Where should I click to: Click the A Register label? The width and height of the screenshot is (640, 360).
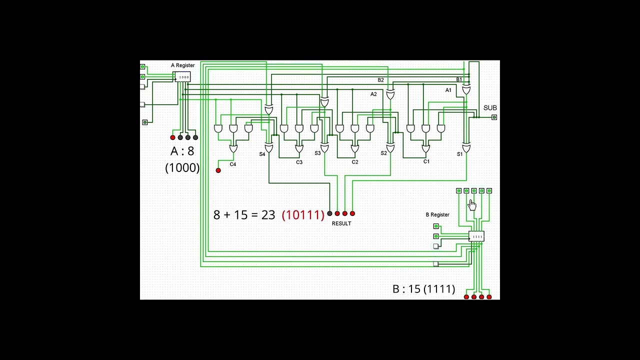(182, 65)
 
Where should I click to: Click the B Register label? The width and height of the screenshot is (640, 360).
(437, 215)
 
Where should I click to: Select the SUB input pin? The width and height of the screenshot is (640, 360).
(494, 117)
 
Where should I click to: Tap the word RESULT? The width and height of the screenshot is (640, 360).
(341, 223)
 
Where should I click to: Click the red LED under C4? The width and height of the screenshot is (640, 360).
(218, 170)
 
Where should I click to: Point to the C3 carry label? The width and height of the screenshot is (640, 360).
(299, 162)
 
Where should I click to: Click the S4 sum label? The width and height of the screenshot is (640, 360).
(262, 154)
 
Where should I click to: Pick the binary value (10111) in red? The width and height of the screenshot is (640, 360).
(303, 215)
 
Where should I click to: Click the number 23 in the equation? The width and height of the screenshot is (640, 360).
(268, 215)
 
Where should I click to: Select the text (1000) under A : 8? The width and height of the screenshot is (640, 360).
(182, 168)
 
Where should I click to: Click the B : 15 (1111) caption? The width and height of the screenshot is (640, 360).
(423, 289)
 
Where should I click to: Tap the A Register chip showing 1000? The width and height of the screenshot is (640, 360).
(182, 77)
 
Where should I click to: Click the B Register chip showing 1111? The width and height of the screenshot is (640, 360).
(477, 236)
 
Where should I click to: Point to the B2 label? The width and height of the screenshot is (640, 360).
(380, 80)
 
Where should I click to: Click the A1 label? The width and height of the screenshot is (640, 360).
(448, 90)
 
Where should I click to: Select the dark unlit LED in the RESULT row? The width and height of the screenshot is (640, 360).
(329, 213)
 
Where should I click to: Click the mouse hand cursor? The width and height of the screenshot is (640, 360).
(472, 204)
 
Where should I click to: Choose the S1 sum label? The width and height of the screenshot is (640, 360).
(460, 154)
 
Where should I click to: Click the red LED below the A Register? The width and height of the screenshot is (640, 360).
(173, 137)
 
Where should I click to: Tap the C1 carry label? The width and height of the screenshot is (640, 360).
(426, 162)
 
